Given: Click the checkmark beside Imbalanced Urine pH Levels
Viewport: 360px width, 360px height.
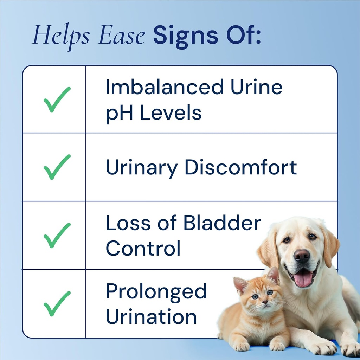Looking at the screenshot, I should [57, 99].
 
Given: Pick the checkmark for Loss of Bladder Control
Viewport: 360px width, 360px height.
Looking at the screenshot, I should [57, 235].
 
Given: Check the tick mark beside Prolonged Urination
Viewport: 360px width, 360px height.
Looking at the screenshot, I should [57, 303].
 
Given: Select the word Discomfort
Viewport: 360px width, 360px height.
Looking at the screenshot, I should [241, 168].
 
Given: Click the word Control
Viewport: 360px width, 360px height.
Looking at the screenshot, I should [143, 249].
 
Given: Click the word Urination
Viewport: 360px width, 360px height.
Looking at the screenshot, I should [151, 316].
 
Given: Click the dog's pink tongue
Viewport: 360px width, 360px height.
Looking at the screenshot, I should [303, 279].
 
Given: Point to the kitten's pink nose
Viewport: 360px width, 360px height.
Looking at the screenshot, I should [265, 302].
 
